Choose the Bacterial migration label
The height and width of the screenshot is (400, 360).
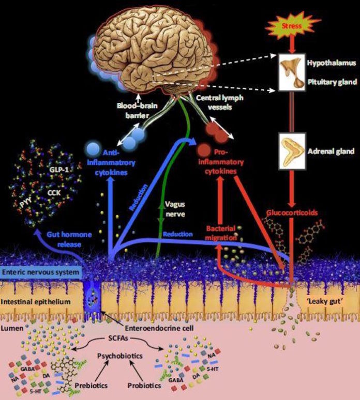pyautogui.click(x=221, y=232)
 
